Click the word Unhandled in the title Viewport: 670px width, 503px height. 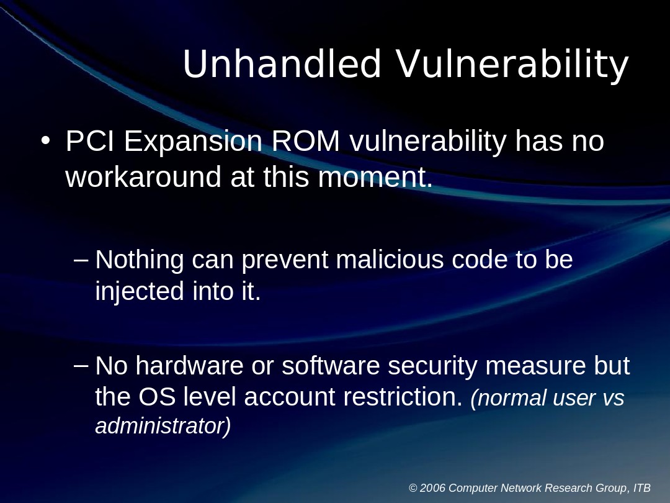282,64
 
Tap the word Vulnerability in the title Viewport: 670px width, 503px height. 512,65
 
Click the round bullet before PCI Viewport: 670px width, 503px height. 45,142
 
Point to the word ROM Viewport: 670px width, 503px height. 306,142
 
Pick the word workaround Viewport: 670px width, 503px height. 143,177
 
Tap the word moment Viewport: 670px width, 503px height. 375,177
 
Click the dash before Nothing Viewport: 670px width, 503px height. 81,259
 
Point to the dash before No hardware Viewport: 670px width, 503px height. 81,365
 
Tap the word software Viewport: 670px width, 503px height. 331,366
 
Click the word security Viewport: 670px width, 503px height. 432,366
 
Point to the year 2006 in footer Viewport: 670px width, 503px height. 432,488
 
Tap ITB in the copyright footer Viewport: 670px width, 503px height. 642,488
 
